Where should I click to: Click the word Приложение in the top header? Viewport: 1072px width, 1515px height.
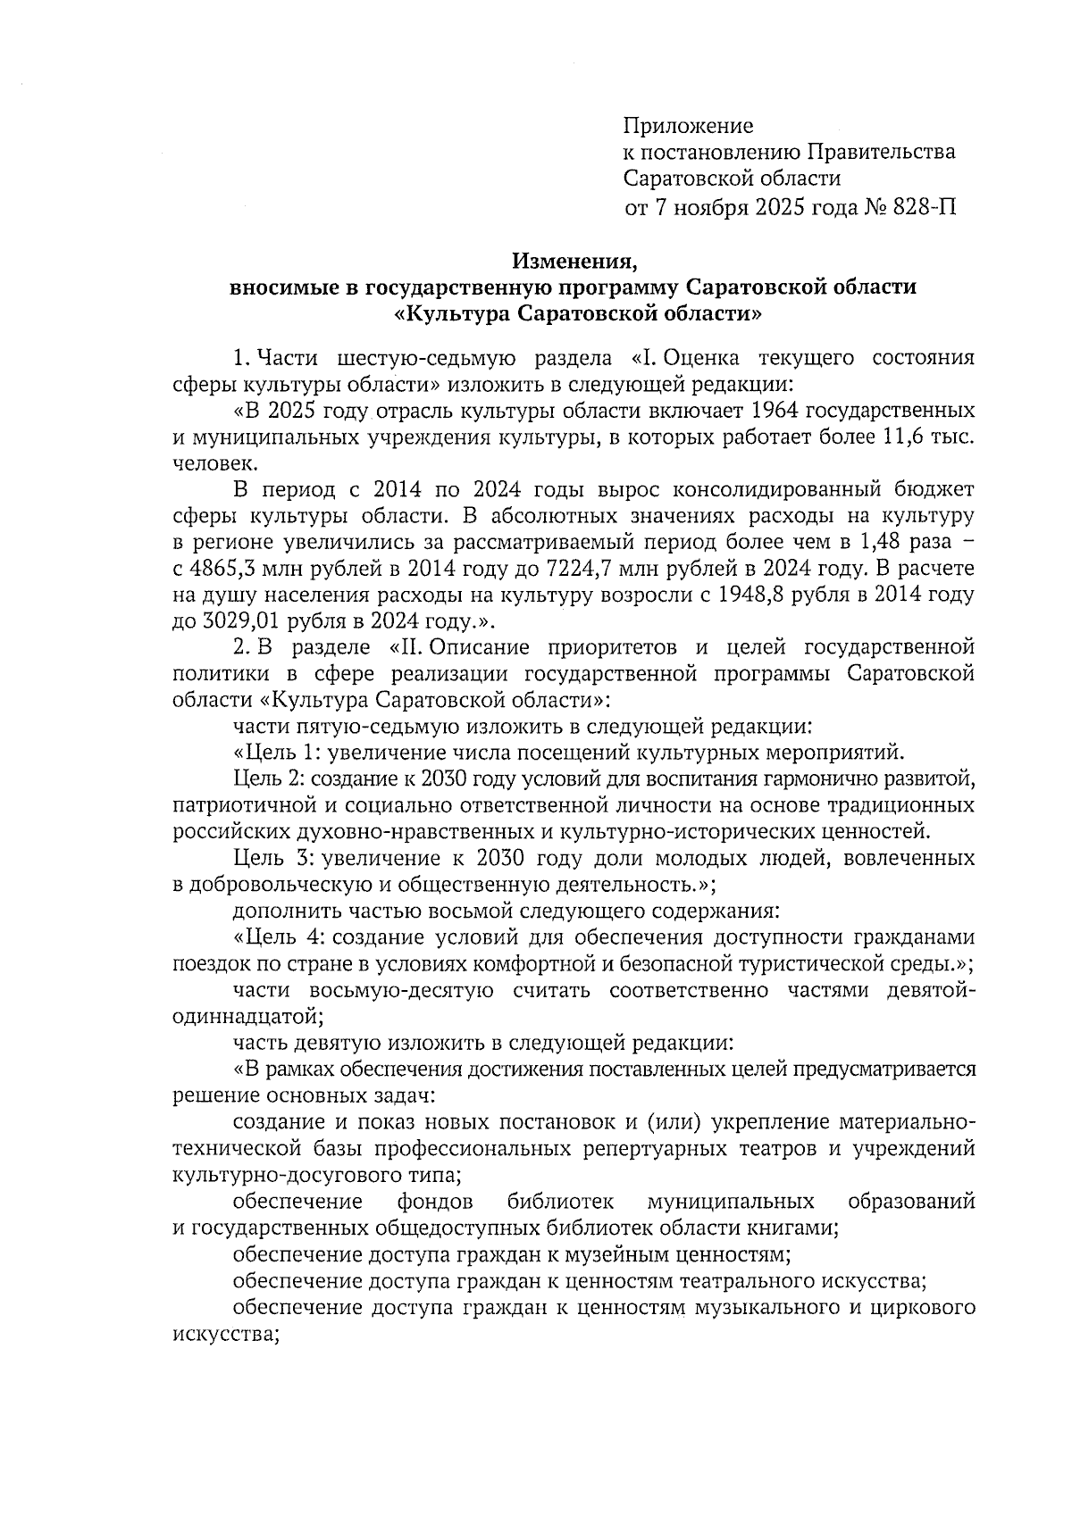[688, 126]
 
